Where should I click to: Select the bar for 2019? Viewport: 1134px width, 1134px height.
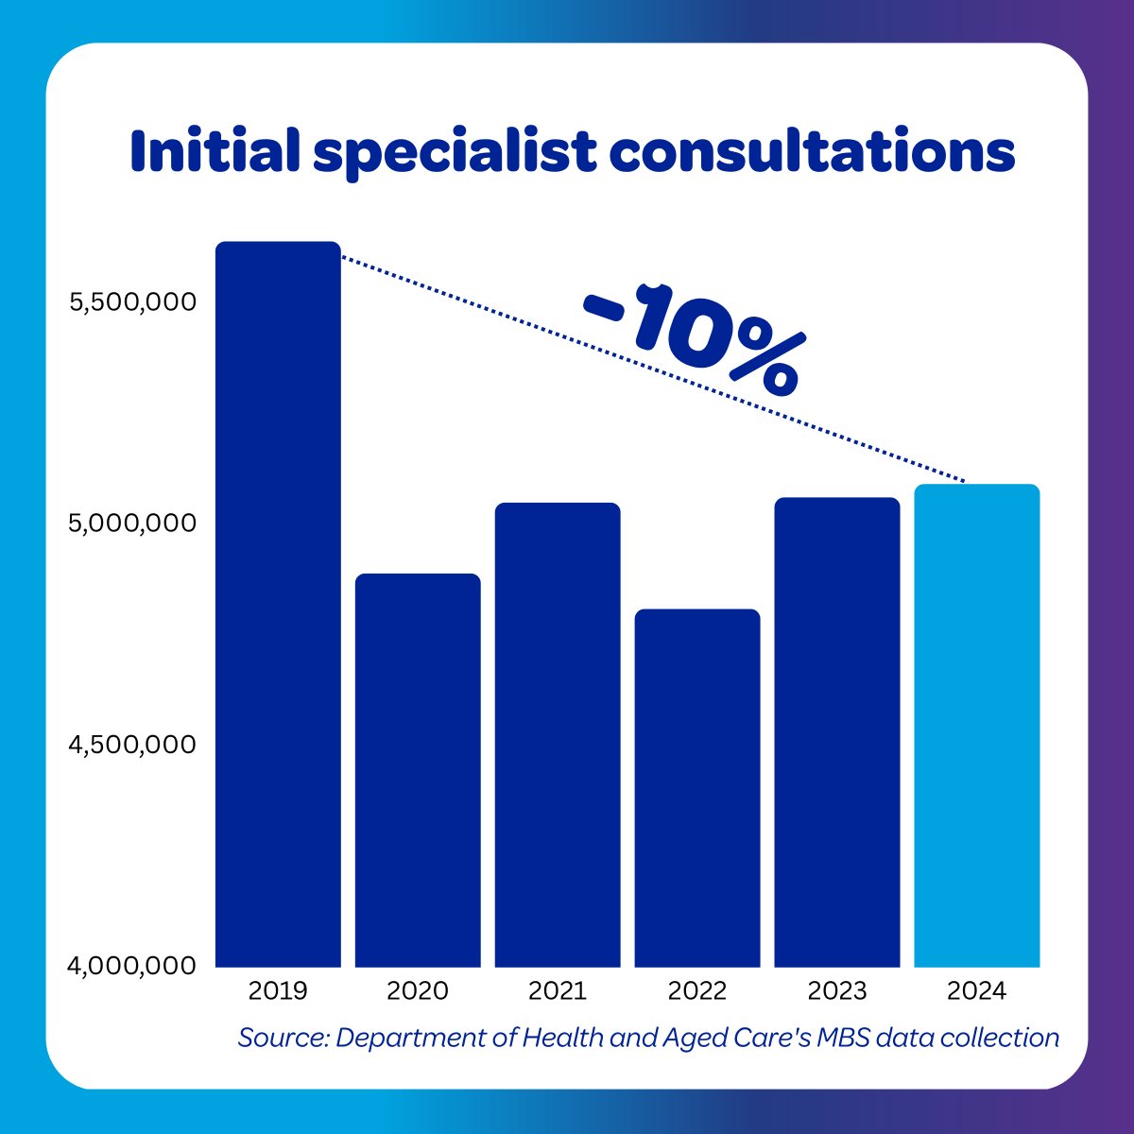(278, 605)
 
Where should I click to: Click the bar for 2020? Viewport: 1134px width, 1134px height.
(418, 770)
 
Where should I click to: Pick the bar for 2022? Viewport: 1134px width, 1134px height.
(697, 788)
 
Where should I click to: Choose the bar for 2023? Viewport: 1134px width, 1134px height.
(837, 732)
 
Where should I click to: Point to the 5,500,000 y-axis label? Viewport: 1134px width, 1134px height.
(132, 302)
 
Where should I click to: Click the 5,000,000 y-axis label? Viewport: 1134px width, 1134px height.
(132, 524)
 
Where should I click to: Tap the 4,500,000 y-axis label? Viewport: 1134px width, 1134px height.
(132, 745)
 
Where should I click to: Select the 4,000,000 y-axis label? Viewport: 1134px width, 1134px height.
(132, 966)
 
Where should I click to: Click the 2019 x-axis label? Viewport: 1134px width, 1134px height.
(278, 991)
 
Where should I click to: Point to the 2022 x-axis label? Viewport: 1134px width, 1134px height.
(697, 991)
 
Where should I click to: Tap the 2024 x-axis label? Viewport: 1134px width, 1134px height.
(977, 991)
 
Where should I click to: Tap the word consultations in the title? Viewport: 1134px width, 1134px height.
(813, 151)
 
